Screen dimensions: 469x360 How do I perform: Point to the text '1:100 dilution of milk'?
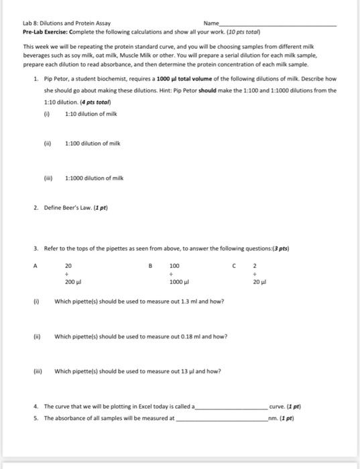click(x=93, y=144)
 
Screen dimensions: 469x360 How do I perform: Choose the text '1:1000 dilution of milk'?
click(x=95, y=178)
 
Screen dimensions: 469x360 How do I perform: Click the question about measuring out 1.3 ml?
click(x=139, y=301)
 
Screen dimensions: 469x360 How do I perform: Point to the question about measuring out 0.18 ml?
click(x=139, y=336)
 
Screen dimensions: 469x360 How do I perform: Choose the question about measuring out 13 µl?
click(x=137, y=372)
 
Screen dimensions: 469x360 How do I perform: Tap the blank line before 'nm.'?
click(x=221, y=418)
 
